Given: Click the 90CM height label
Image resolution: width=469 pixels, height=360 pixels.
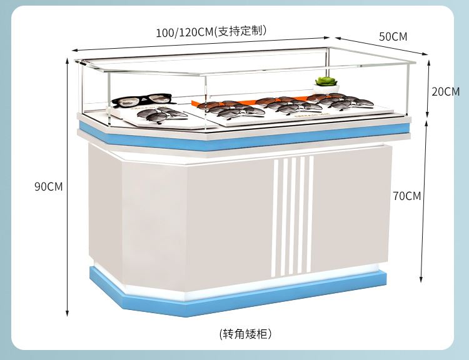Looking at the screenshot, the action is pos(48,187).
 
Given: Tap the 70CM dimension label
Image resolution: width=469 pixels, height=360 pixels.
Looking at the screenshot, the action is pos(407,196).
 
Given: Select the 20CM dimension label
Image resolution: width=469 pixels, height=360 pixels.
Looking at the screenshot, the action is pos(445,91).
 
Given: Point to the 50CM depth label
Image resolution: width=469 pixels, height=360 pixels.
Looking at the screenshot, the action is pos(393,36).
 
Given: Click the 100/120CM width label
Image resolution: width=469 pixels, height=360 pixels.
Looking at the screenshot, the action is pos(211,31).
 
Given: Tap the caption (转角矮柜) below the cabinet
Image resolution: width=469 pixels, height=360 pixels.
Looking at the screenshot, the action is pos(246,334).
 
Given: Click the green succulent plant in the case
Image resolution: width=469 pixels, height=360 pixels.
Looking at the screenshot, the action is pos(326,81).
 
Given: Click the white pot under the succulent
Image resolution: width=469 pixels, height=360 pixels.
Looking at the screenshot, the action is pos(326,89).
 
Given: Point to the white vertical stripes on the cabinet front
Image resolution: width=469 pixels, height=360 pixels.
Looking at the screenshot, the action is pos(292,216).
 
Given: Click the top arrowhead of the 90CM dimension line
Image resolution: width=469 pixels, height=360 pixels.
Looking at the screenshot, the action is pos(68,61).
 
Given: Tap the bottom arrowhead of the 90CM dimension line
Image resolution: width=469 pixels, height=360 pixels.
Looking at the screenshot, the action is pos(68,313).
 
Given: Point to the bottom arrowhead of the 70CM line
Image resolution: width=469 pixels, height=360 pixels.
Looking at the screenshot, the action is pos(421,279).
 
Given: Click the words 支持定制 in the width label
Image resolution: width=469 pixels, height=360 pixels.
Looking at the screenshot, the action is pos(241,31).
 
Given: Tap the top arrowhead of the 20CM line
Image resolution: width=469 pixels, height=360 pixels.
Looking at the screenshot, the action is pos(428,62).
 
